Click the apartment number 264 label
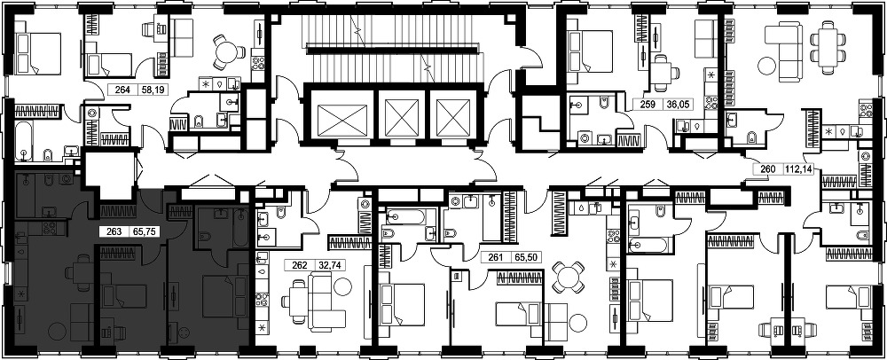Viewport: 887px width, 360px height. pos(122,90)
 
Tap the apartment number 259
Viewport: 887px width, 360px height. pos(648,104)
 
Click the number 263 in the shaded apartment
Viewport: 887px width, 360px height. pos(106,231)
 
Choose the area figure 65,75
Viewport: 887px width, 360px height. pos(135,231)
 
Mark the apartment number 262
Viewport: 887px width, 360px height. pos(299,264)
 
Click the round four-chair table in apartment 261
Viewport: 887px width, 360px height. pos(567,277)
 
